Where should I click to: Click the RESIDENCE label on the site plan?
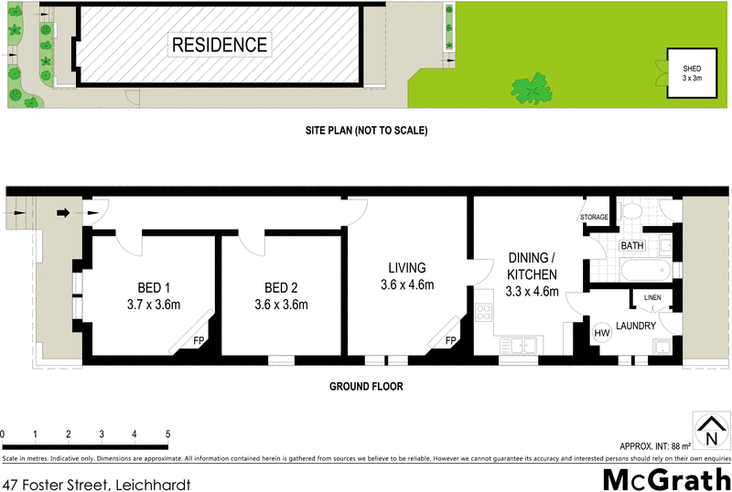pyautogui.click(x=220, y=44)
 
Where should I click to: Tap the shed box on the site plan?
pyautogui.click(x=692, y=73)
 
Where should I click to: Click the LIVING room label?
pyautogui.click(x=407, y=268)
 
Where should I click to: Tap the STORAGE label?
pyautogui.click(x=595, y=217)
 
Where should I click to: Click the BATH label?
pyautogui.click(x=632, y=246)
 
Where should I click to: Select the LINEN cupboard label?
pyautogui.click(x=651, y=298)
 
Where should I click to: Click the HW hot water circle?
pyautogui.click(x=602, y=333)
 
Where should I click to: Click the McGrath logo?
pyautogui.click(x=666, y=477)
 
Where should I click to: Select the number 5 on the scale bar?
pyautogui.click(x=167, y=433)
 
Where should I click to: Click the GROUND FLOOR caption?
pyautogui.click(x=366, y=386)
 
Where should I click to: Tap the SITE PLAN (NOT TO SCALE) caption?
pyautogui.click(x=366, y=132)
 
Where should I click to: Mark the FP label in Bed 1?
pyautogui.click(x=199, y=341)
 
